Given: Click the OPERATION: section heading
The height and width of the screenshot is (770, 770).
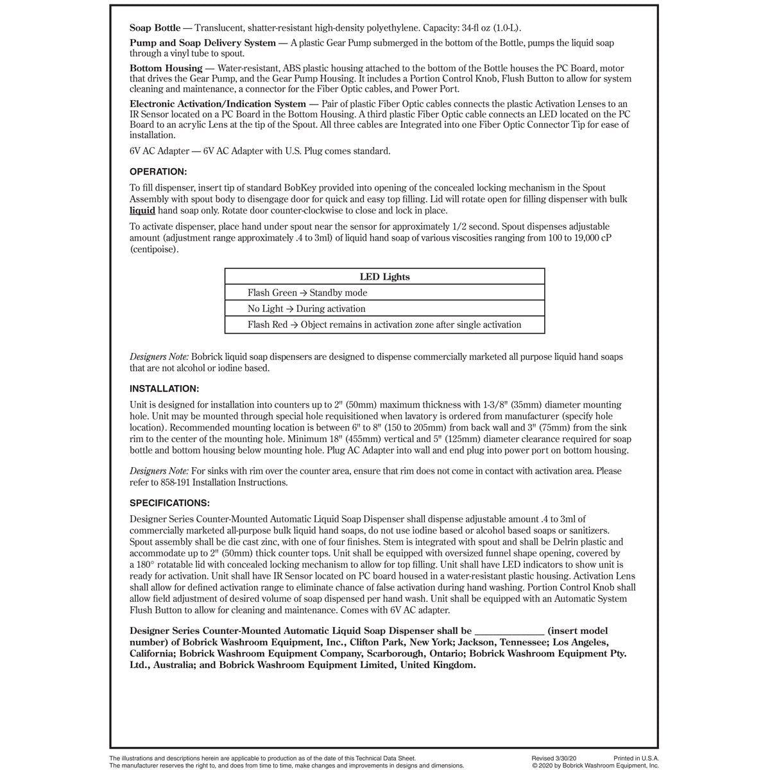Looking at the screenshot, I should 158,172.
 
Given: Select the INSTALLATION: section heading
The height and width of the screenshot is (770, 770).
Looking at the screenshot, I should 164,389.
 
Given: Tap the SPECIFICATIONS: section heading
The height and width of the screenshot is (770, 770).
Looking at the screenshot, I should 169,503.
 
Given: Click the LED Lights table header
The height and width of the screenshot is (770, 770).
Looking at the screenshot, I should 384,277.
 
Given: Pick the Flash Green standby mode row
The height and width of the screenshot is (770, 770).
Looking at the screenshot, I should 307,293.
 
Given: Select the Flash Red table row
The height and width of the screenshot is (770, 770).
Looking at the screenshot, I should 384,325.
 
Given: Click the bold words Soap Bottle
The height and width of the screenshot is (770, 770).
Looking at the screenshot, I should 155,28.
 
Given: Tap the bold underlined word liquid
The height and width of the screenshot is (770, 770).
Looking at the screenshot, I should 142,210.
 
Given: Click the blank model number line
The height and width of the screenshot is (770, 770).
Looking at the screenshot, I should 511,631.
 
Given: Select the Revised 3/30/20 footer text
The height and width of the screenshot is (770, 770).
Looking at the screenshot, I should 554,758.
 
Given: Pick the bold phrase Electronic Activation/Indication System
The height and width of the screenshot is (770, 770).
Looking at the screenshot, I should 218,104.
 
